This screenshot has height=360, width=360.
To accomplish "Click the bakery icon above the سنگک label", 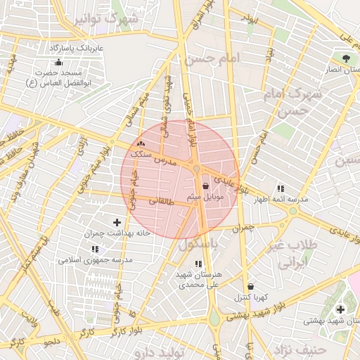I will click(x=141, y=144).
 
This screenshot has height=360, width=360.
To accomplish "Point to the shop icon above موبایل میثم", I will click(x=205, y=186).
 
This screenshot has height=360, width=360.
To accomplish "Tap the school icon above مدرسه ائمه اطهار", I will click(x=281, y=188).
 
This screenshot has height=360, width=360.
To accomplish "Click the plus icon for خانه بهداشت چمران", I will click(x=117, y=222).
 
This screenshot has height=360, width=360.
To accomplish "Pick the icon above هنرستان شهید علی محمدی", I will click(x=198, y=263).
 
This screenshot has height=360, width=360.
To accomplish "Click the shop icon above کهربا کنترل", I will click(x=251, y=286).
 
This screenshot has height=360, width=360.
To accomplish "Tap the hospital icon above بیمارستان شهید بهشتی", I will click(x=340, y=309).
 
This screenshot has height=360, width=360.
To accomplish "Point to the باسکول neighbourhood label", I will click(x=200, y=244).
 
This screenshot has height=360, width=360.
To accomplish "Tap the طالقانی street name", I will click(x=161, y=200).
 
